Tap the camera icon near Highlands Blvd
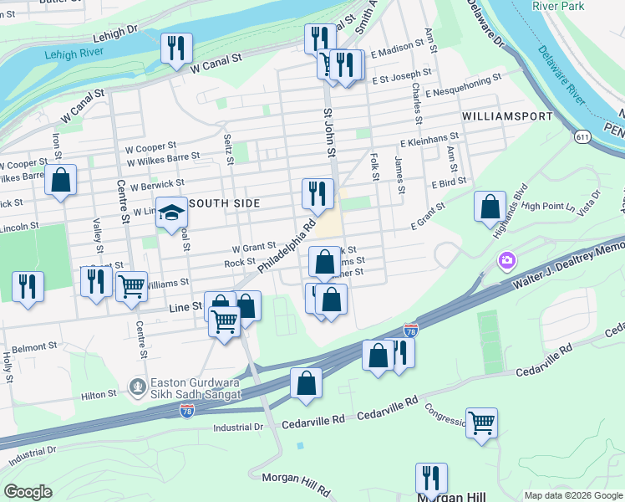[x=506, y=262]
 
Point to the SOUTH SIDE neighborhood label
[x=226, y=203]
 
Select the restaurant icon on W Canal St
[x=176, y=49]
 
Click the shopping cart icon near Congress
[x=482, y=422]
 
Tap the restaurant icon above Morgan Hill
[x=431, y=478]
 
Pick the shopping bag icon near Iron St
[x=61, y=180]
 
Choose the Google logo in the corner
[x=28, y=491]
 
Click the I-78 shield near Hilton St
[x=187, y=410]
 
